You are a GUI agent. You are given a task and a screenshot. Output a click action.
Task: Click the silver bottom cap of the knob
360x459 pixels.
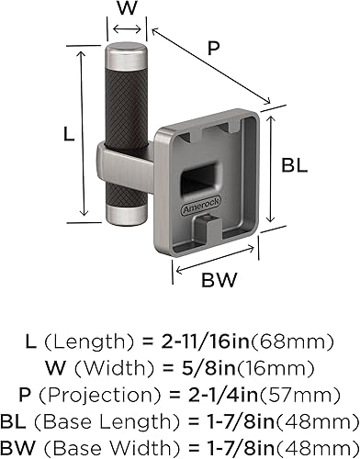point(124,213)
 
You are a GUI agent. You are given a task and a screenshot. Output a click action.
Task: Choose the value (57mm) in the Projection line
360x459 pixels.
point(284,393)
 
